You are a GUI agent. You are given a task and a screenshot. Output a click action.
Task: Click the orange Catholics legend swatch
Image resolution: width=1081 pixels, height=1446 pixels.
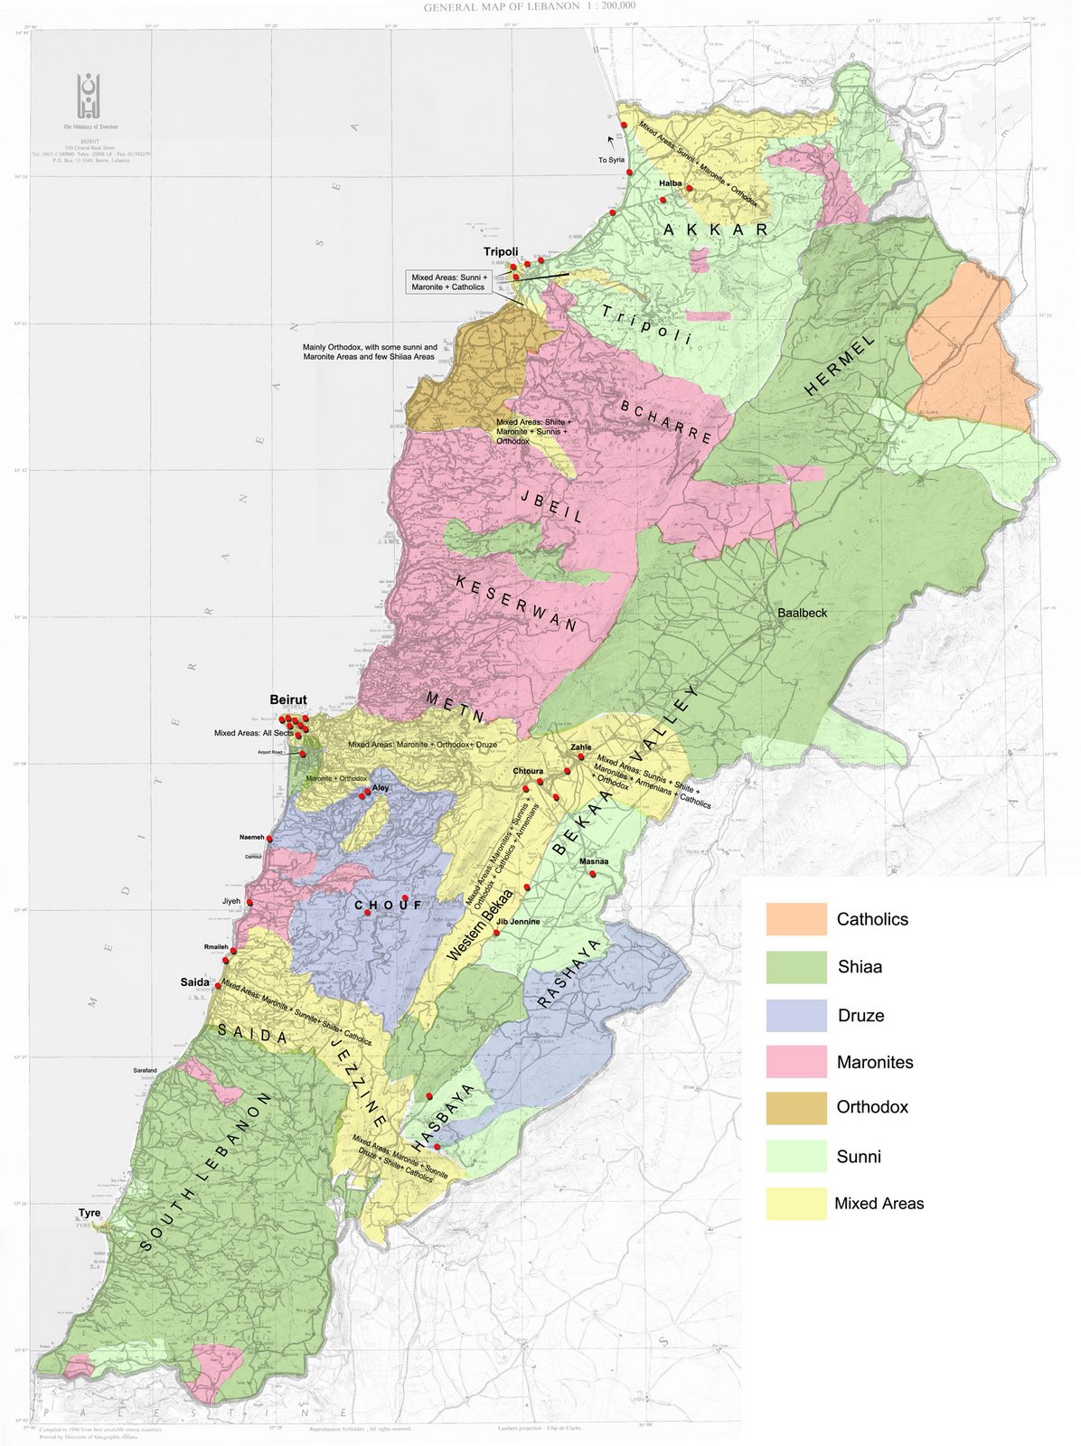tap(796, 918)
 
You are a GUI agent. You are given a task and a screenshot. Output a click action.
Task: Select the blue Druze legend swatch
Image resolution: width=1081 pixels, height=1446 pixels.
tap(796, 1015)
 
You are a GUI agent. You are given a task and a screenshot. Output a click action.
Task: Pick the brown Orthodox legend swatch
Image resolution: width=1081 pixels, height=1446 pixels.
tap(796, 1107)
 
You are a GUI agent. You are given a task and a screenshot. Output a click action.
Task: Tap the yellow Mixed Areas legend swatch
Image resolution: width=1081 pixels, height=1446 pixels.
tap(796, 1203)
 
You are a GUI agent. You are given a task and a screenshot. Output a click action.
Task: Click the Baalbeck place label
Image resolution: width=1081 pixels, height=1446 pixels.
tap(802, 613)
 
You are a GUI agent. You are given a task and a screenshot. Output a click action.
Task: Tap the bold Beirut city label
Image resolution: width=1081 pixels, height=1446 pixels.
tap(288, 700)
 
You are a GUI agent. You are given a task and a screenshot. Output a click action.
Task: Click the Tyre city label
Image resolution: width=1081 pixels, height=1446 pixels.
tap(89, 1213)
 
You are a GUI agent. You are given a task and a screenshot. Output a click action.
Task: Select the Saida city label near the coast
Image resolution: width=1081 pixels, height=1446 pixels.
tap(195, 981)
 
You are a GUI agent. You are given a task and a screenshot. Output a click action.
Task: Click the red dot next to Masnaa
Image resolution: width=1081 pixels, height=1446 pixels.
tap(593, 874)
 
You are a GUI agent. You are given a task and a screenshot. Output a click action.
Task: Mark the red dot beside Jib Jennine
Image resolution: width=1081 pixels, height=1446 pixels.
tap(496, 932)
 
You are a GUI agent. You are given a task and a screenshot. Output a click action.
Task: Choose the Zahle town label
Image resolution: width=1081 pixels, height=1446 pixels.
tap(580, 747)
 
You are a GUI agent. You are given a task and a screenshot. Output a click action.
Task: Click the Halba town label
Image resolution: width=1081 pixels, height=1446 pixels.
tap(670, 183)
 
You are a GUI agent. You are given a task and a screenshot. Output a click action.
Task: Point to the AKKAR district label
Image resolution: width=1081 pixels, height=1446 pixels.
tap(715, 230)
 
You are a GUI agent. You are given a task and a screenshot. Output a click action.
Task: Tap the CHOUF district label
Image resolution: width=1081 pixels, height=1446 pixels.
tap(389, 905)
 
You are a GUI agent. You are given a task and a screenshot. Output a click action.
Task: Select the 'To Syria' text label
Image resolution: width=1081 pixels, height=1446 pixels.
tap(612, 159)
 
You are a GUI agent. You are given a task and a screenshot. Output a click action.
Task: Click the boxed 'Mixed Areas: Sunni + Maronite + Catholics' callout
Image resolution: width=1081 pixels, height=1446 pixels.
tap(449, 281)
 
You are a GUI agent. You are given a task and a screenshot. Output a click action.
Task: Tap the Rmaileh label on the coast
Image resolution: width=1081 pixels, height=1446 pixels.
tap(216, 947)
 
